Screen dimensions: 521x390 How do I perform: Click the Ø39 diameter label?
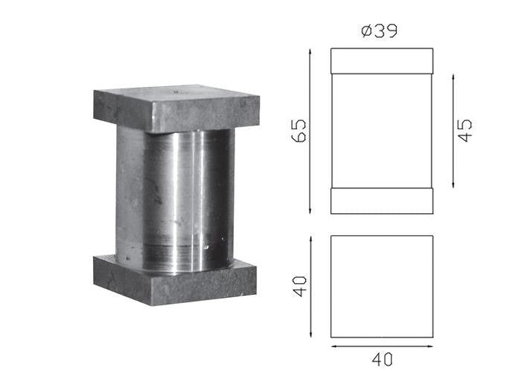[x=379, y=31]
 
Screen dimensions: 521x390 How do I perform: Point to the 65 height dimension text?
[x=298, y=130]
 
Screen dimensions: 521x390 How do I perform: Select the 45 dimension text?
[x=465, y=130]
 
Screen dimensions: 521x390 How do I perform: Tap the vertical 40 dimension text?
[x=299, y=286]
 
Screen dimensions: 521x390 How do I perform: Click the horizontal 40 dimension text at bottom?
[x=382, y=359]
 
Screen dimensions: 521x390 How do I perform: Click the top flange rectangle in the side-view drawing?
[x=382, y=61]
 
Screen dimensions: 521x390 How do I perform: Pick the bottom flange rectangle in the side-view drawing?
[x=382, y=201]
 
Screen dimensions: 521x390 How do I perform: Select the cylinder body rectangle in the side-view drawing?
[x=382, y=131]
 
